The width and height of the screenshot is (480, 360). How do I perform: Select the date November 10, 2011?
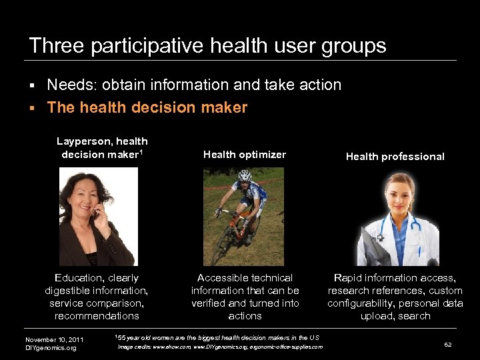(x=54, y=340)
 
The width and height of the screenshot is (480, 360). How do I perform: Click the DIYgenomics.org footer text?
(x=51, y=348)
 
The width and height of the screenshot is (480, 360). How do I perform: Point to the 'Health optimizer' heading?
(x=245, y=155)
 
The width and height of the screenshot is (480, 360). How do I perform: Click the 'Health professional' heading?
(x=395, y=157)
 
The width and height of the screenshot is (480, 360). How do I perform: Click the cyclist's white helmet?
(x=244, y=175)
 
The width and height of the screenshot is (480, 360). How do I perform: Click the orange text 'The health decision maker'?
(x=147, y=107)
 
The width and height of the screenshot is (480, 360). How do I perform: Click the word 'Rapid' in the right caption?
(x=348, y=278)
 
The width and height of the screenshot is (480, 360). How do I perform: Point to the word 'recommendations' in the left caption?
(x=97, y=316)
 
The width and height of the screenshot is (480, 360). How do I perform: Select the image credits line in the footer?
(x=220, y=347)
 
